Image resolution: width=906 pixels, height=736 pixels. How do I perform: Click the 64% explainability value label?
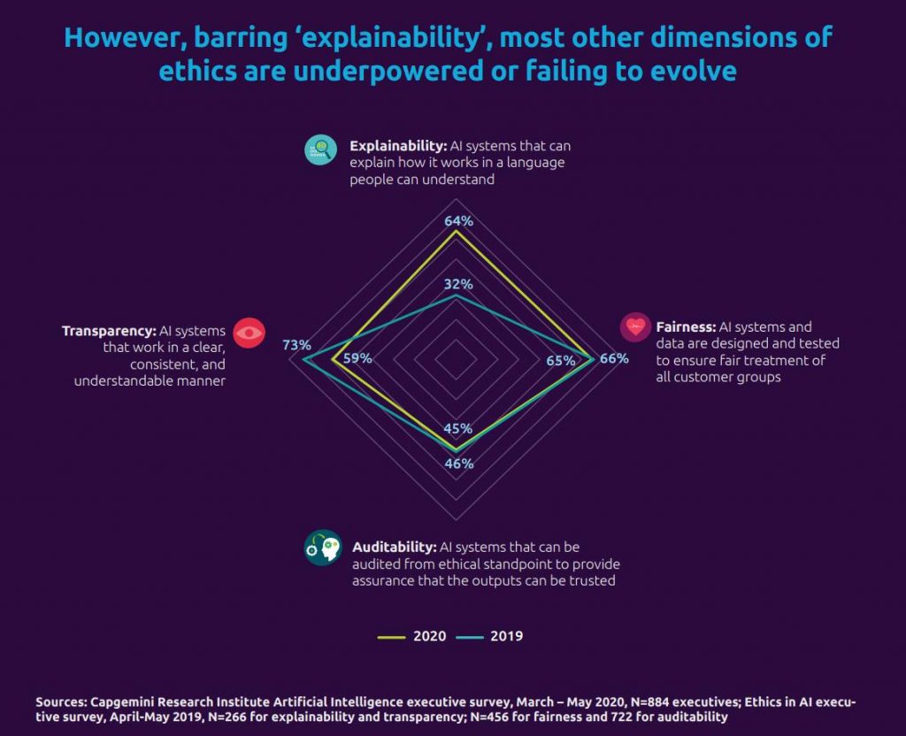[459, 220]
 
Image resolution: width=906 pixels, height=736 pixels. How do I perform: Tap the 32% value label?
[459, 284]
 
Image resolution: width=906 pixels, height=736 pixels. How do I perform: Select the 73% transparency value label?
[296, 345]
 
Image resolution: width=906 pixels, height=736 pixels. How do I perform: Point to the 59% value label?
[357, 358]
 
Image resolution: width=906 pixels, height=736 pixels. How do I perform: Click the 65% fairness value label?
[561, 361]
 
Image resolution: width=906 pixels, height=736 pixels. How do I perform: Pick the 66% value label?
[614, 358]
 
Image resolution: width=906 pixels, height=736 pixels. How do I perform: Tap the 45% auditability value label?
[458, 429]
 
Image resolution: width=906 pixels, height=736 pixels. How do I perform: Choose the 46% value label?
[459, 464]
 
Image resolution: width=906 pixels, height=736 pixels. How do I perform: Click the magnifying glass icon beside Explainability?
[320, 149]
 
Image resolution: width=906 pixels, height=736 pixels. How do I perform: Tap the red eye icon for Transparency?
[249, 333]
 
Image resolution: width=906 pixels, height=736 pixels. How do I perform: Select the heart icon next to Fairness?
[635, 327]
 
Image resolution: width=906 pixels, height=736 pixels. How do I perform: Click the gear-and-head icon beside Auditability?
[323, 547]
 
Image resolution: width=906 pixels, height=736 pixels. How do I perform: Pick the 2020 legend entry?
[412, 636]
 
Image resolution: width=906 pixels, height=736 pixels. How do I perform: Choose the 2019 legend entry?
[489, 636]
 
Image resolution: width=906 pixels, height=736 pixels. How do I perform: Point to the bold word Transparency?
[109, 331]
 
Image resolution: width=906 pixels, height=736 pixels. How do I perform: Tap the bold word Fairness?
[687, 327]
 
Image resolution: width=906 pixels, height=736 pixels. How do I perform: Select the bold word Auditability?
[395, 547]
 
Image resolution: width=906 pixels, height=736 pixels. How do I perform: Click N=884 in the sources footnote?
[649, 701]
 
